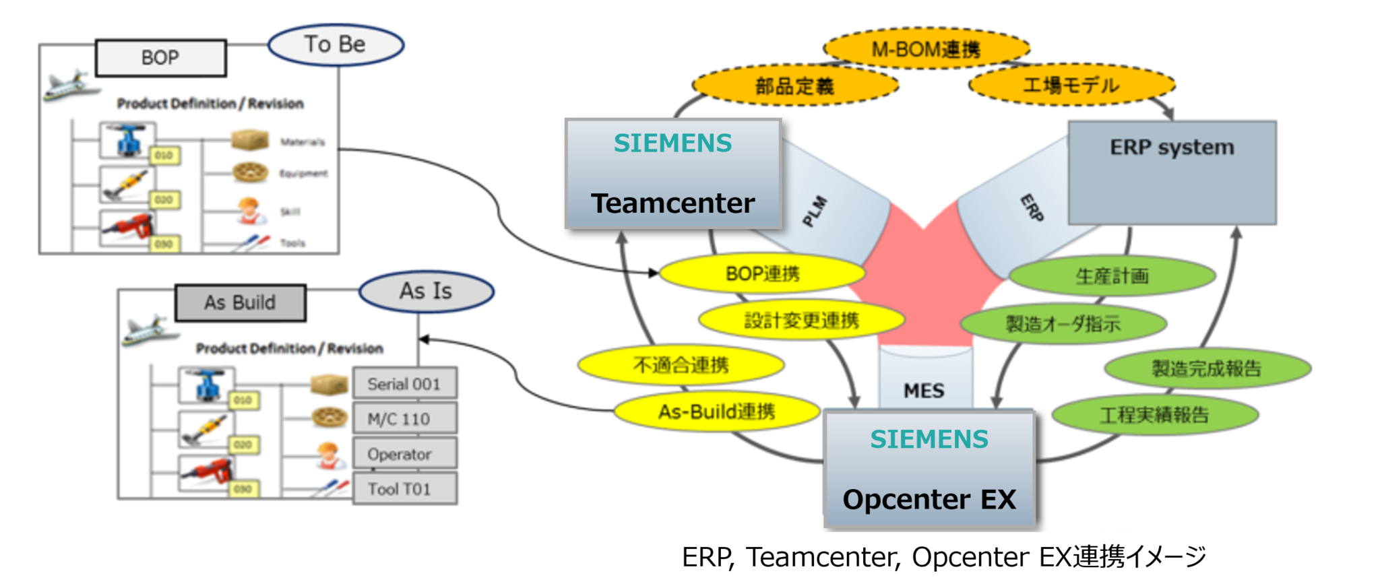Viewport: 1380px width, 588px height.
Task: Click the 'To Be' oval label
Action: pos(336,45)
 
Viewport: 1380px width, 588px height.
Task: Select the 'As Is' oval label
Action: pos(426,292)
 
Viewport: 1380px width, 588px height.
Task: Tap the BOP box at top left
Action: pos(160,58)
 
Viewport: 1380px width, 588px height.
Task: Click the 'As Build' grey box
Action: pos(240,303)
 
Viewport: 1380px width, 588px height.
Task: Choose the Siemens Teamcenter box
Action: pos(673,174)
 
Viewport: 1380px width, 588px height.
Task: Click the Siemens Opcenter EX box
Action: pos(929,469)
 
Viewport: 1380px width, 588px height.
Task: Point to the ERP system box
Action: pos(1172,172)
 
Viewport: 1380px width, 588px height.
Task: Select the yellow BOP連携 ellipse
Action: pos(762,274)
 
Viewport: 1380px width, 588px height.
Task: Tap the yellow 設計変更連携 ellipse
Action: pos(801,321)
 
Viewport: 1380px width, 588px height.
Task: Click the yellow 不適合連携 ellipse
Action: pos(681,365)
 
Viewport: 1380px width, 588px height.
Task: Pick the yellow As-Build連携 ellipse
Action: pos(717,412)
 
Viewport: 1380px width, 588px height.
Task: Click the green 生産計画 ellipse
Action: pos(1112,276)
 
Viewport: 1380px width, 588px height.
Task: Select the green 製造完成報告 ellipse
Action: pos(1207,368)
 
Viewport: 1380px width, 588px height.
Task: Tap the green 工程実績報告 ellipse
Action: pos(1154,415)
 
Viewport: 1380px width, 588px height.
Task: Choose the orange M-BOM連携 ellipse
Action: pos(926,49)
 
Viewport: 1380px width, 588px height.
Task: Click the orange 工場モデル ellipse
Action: pos(1071,86)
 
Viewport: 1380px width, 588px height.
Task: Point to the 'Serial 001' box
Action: pos(404,384)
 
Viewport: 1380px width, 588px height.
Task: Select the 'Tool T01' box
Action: pos(404,489)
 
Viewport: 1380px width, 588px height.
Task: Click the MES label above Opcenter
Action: pos(924,391)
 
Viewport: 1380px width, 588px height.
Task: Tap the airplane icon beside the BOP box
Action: pos(67,86)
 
